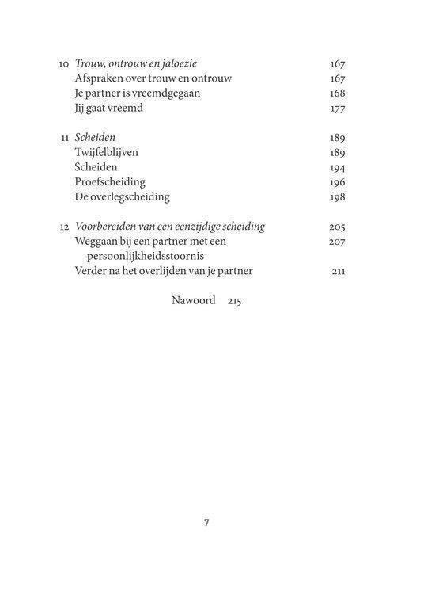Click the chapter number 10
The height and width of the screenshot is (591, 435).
[64, 64]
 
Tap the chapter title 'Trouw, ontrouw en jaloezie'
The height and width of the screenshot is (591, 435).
[140, 64]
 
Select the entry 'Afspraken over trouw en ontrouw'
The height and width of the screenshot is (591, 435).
[146, 78]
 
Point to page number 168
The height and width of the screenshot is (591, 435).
[337, 93]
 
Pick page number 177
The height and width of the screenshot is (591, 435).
[337, 108]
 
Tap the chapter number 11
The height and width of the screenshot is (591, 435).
[65, 137]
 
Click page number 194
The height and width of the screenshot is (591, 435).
[337, 167]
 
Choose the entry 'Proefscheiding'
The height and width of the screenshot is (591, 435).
[110, 181]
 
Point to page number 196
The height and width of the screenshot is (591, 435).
[337, 181]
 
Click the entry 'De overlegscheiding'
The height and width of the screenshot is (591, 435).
[123, 196]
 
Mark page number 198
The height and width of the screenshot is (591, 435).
[337, 196]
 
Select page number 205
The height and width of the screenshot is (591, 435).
[337, 227]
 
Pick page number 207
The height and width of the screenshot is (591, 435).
[337, 241]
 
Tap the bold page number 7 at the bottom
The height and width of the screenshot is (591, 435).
[206, 523]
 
